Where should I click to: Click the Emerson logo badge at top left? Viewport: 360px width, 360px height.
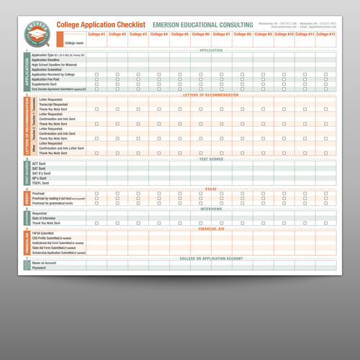37,31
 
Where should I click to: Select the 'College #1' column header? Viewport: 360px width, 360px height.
96,35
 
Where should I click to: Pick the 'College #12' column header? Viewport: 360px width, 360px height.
325,35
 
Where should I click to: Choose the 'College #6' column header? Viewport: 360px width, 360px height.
201,35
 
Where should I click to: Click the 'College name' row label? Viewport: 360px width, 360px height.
75,43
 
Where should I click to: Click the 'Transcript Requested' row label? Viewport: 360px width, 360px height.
52,104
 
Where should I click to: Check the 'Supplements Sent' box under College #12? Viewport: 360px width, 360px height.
325,84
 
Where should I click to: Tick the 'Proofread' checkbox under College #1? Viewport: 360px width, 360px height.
96,193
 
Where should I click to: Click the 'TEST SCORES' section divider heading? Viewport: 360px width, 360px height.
212,158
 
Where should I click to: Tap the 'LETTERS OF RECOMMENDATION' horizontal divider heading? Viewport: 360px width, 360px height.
212,95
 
